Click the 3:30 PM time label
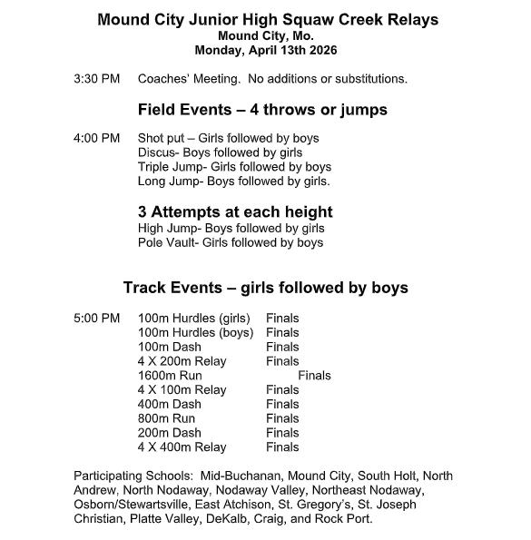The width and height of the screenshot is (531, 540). tap(96, 80)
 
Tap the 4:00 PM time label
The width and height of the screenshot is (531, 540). tap(96, 138)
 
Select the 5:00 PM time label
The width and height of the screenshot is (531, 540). tap(96, 319)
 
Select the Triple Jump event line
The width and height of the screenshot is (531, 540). tap(234, 167)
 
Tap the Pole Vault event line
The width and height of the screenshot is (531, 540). tap(231, 243)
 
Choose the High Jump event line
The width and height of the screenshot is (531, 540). tap(231, 229)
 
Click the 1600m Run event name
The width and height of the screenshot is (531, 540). tap(170, 376)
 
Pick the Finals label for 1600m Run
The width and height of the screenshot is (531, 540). tap(314, 376)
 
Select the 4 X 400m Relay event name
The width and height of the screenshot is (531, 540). tap(182, 447)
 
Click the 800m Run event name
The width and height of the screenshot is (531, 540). tap(166, 418)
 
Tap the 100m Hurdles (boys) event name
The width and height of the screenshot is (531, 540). tap(195, 333)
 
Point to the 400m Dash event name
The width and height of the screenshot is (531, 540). tap(170, 404)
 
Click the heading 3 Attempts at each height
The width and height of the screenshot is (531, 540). tap(234, 212)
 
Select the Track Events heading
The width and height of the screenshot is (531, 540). tap(265, 289)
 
